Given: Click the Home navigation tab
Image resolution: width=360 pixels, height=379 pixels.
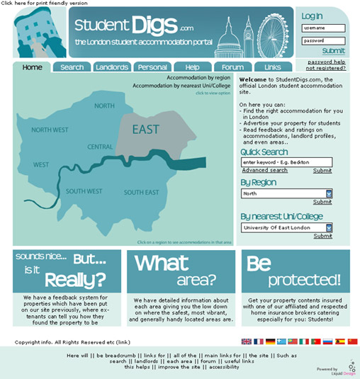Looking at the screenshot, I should [x=32, y=67].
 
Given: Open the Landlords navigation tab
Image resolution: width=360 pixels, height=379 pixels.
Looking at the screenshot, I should [x=112, y=67].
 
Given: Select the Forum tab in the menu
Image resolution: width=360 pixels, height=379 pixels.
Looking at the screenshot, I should [x=228, y=67].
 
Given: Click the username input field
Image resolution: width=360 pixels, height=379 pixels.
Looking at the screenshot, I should [x=323, y=28].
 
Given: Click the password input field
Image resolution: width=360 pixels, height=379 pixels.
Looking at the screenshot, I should [x=323, y=40].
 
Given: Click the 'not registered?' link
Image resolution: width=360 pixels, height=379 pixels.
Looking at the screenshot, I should [x=326, y=68].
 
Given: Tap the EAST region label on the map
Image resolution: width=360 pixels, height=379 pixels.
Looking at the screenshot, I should [x=146, y=129].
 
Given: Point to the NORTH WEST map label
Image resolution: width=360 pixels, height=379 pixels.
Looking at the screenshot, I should [x=50, y=130].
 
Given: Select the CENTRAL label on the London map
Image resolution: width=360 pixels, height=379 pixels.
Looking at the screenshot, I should [x=100, y=147].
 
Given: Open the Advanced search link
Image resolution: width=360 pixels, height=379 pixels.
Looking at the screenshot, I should [x=264, y=170].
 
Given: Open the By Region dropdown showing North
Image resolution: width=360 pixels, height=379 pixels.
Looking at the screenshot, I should [x=286, y=193].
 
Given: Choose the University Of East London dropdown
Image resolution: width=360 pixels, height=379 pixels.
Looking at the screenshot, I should [x=286, y=227].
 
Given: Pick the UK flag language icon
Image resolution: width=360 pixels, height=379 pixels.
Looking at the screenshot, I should [x=247, y=341].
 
